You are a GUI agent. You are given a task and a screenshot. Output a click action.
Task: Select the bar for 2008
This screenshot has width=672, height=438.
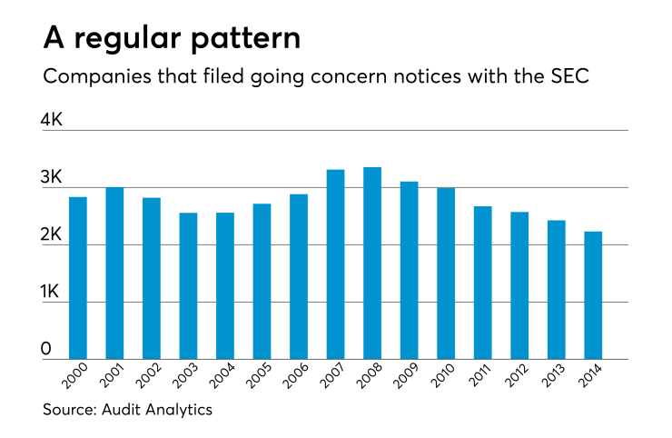pyautogui.click(x=371, y=263)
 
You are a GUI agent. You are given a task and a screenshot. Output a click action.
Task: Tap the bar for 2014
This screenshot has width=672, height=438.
pyautogui.click(x=592, y=295)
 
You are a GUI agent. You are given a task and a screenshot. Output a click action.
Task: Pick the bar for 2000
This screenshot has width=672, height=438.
pyautogui.click(x=78, y=278)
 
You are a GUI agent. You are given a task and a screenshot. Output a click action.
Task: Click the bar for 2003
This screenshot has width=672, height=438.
pyautogui.click(x=188, y=286)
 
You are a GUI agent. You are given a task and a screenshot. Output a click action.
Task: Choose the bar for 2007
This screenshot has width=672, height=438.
pyautogui.click(x=335, y=264)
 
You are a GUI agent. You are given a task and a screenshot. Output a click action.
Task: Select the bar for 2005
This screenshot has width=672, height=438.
pyautogui.click(x=262, y=282)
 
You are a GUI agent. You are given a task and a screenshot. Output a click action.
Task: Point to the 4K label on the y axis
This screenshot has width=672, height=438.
pyautogui.click(x=52, y=119)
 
